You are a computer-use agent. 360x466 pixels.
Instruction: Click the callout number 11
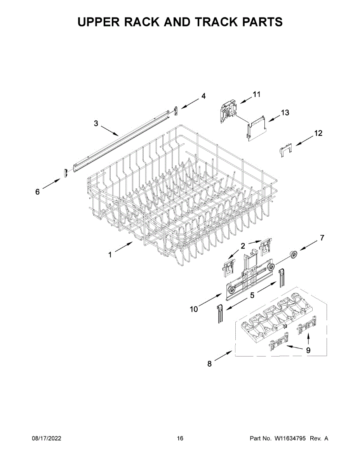pyautogui.click(x=257, y=94)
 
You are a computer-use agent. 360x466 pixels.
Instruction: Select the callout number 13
pyautogui.click(x=285, y=113)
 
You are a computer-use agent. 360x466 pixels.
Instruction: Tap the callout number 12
pyautogui.click(x=318, y=133)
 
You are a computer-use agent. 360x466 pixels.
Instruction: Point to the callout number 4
pyautogui.click(x=203, y=96)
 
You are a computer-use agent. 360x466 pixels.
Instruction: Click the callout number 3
pyautogui.click(x=96, y=123)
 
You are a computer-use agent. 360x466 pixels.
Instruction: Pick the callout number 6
pyautogui.click(x=38, y=191)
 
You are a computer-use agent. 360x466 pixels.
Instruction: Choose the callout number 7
pyautogui.click(x=322, y=238)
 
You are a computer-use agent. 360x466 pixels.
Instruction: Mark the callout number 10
pyautogui.click(x=193, y=309)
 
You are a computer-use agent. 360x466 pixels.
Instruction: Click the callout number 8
pyautogui.click(x=210, y=364)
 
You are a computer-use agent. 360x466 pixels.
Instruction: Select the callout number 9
pyautogui.click(x=308, y=350)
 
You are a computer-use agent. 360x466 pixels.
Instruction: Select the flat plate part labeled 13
pyautogui.click(x=256, y=129)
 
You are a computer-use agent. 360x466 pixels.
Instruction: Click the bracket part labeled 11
pyautogui.click(x=228, y=111)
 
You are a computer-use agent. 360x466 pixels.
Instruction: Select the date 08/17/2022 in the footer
pyautogui.click(x=46, y=438)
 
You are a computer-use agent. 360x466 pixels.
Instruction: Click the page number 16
pyautogui.click(x=180, y=438)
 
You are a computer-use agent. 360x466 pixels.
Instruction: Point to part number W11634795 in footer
pyautogui.click(x=291, y=438)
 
